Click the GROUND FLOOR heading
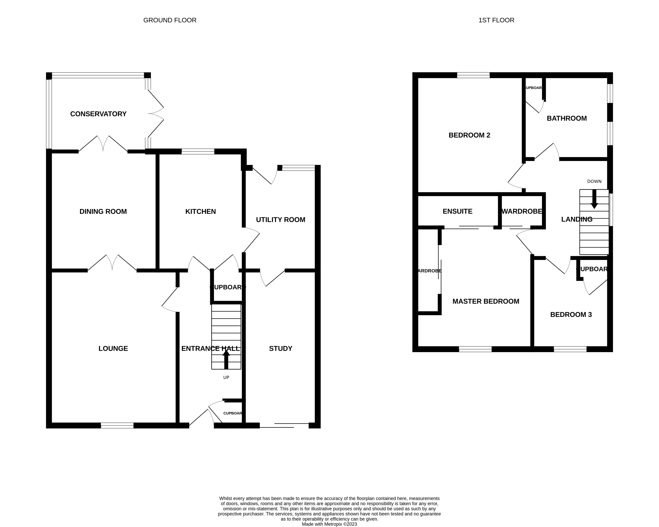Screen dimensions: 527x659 click(x=170, y=20)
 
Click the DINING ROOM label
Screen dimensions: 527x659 click(x=103, y=212)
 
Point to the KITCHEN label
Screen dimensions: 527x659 click(x=200, y=212)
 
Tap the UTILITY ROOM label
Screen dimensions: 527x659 click(x=280, y=220)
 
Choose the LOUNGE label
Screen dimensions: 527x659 click(x=113, y=349)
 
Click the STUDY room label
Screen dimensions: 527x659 click(x=280, y=349)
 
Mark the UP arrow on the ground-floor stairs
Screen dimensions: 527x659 click(x=226, y=359)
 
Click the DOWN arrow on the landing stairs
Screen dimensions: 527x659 click(x=594, y=199)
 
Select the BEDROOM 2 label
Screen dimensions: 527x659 click(x=469, y=135)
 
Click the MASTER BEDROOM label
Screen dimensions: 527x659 click(x=486, y=301)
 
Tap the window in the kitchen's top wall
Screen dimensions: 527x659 click(x=198, y=151)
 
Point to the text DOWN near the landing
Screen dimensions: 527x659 click(x=594, y=181)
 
